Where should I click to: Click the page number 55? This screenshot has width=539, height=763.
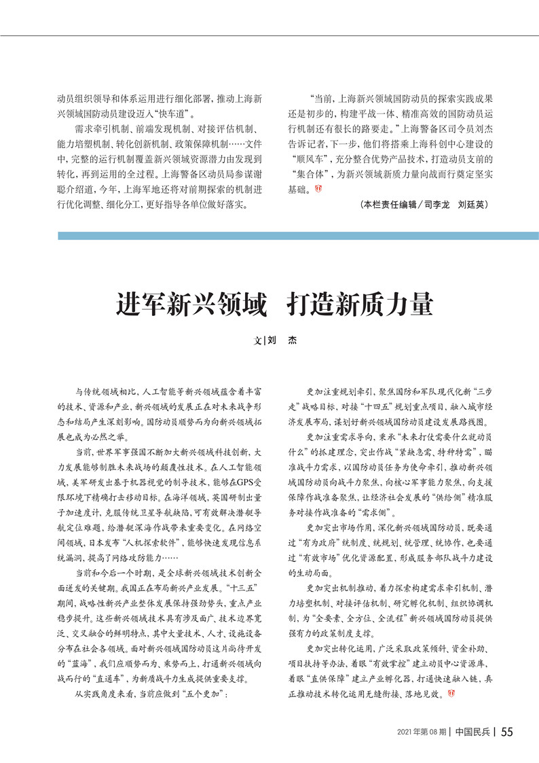506,732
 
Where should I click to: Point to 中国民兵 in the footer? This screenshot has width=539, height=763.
474,732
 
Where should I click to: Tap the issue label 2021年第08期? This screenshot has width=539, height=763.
422,732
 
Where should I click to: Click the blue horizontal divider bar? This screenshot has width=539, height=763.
298,236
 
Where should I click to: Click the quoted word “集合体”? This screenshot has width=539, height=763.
310,177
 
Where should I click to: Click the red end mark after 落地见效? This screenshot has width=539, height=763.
451,694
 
